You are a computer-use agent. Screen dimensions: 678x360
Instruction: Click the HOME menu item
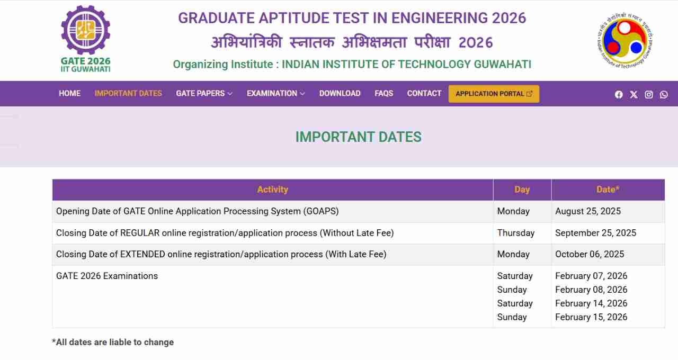point(69,94)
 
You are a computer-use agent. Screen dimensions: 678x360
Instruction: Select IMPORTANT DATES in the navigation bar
point(128,94)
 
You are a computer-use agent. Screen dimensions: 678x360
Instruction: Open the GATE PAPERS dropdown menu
point(204,94)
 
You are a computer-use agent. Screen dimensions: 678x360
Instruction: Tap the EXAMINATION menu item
point(276,94)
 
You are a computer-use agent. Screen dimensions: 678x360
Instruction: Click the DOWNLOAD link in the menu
point(340,94)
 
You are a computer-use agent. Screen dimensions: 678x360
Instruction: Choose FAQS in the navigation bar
point(384,94)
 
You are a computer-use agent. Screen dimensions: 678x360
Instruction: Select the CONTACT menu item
point(424,94)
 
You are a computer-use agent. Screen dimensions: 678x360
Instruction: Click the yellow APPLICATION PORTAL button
point(494,94)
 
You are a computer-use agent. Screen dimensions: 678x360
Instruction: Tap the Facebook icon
point(619,95)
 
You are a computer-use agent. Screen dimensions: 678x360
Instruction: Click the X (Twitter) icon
point(634,95)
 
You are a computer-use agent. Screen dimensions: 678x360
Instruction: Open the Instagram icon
point(649,95)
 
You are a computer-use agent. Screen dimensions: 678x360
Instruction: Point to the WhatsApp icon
point(664,95)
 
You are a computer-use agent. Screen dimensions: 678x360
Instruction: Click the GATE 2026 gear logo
point(86,31)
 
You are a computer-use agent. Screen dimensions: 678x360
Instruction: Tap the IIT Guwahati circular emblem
point(625,40)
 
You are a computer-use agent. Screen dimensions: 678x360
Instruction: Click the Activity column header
point(272,190)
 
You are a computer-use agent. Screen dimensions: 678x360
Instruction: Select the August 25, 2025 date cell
point(588,211)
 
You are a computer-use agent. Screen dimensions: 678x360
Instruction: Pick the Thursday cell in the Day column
point(516,233)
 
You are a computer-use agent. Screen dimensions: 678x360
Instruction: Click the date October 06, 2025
point(590,254)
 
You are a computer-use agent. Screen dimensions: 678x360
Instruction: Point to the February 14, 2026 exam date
point(591,303)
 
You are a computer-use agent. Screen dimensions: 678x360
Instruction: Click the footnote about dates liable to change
point(113,342)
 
